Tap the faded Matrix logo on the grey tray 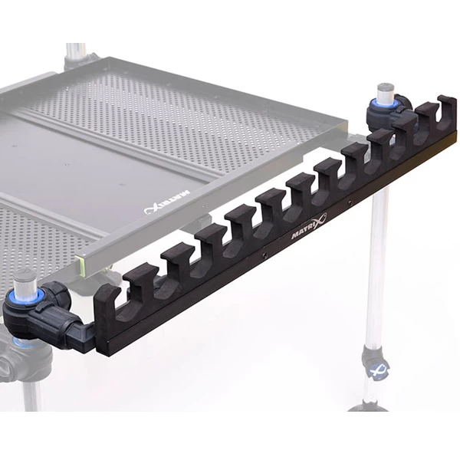coord(167,202)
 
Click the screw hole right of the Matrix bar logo coord(350,202)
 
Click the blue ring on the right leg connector coord(385,103)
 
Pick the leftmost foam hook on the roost coord(107,308)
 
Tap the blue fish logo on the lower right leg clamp coord(377,372)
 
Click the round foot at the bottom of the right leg coord(368,407)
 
